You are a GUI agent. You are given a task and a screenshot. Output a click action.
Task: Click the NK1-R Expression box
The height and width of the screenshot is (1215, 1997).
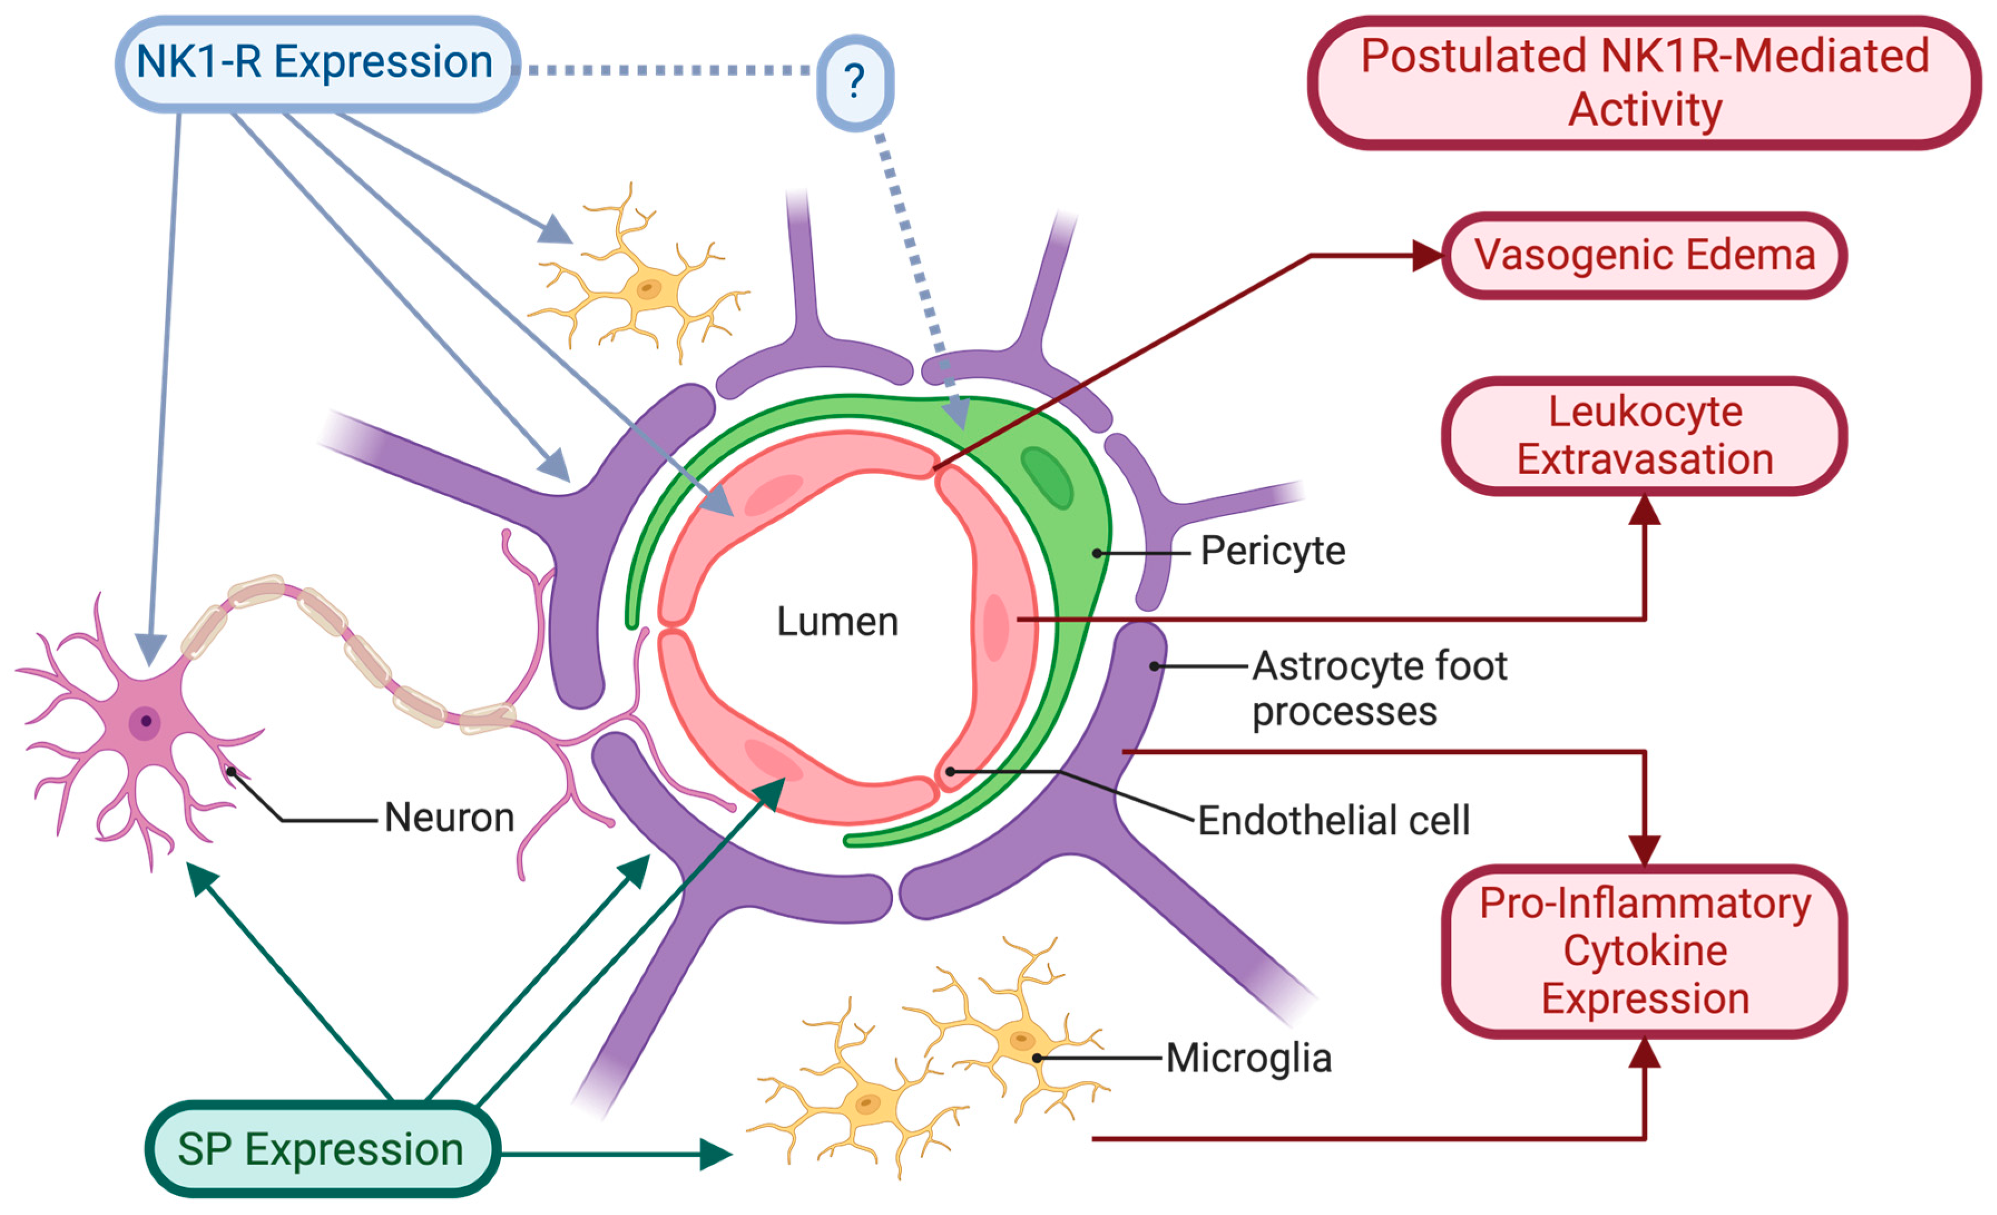(x=316, y=63)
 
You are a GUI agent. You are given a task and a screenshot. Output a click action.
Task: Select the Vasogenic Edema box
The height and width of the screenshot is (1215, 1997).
(x=1643, y=256)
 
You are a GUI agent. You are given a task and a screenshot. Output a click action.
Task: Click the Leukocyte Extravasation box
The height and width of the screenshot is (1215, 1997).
(x=1643, y=436)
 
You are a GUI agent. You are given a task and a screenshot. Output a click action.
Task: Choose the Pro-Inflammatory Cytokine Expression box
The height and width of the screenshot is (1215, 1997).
(x=1643, y=951)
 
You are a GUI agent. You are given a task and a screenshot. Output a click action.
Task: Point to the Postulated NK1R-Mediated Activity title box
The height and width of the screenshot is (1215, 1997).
(x=1643, y=82)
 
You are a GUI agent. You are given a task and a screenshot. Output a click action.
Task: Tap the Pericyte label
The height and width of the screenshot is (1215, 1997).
(x=1273, y=551)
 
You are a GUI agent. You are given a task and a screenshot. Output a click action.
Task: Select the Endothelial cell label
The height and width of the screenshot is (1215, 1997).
(x=1333, y=820)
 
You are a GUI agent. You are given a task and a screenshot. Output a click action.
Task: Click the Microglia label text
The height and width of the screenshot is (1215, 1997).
(x=1248, y=1058)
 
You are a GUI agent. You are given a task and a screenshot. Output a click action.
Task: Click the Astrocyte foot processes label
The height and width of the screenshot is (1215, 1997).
(x=1378, y=687)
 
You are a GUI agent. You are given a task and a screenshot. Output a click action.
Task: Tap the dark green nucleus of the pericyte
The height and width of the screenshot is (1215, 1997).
(x=1047, y=478)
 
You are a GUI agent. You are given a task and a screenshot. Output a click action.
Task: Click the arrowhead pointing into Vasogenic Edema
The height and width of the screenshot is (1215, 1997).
(x=1428, y=256)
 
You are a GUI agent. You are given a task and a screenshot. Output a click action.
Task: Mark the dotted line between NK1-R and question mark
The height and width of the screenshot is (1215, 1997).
(x=665, y=71)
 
